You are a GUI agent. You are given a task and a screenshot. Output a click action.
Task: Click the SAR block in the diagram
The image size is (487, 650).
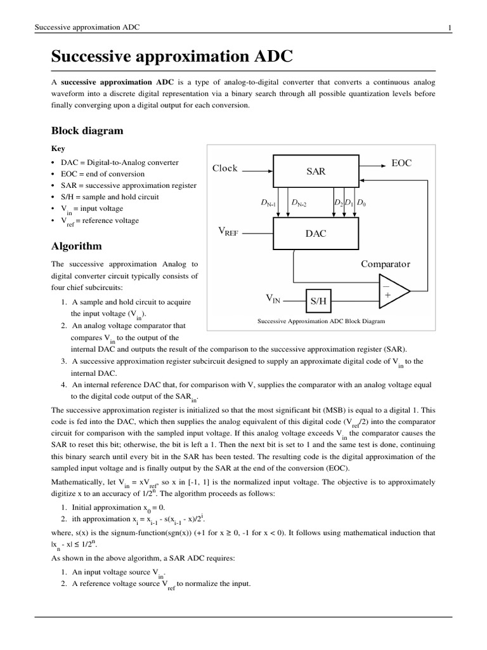[316, 171]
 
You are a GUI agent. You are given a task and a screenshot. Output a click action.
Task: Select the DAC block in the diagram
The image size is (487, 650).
[316, 234]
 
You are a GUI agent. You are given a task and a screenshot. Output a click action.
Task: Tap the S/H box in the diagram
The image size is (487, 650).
[318, 302]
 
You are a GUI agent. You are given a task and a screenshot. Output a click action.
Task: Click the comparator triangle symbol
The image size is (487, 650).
[392, 291]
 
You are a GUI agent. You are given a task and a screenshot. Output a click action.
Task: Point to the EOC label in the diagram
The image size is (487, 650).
[401, 163]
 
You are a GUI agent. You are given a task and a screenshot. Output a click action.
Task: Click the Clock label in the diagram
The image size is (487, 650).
[225, 168]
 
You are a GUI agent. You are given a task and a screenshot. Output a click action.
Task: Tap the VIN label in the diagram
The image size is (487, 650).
[272, 298]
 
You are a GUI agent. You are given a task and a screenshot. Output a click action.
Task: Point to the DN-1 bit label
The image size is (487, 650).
[269, 203]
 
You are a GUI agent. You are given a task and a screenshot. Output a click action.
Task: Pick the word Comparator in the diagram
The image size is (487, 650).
[386, 264]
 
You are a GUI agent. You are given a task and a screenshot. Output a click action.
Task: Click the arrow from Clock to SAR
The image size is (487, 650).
[257, 170]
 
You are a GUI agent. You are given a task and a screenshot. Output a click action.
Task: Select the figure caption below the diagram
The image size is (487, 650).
[321, 321]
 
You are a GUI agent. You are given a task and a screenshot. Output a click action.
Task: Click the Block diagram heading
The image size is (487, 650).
[87, 131]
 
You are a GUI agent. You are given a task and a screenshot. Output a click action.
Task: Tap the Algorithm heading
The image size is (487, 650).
[76, 246]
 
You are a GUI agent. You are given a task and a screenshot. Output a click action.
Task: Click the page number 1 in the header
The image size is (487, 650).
[449, 27]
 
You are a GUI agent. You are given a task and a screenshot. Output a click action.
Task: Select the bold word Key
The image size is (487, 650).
[58, 149]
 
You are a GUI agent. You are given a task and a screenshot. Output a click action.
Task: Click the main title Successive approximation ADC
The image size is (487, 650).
[172, 57]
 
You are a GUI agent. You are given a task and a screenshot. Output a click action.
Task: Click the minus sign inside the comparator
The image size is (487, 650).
[386, 286]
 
